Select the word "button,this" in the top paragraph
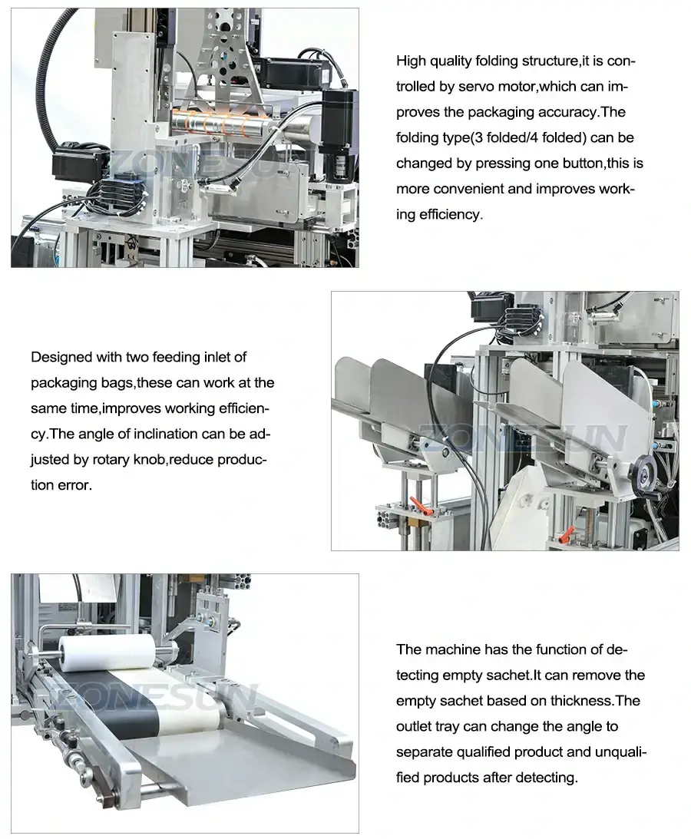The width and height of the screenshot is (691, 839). pos(597,163)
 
